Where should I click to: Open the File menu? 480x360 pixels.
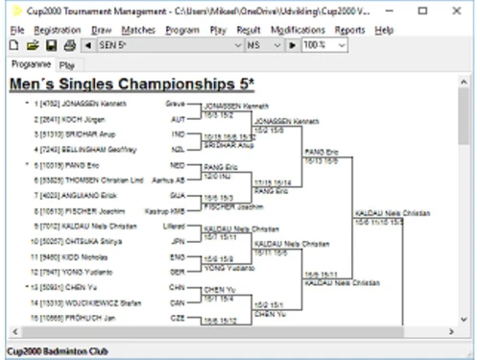pyautogui.click(x=15, y=31)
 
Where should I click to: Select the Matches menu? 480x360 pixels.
pyautogui.click(x=139, y=31)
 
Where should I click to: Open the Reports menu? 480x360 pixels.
pyautogui.click(x=350, y=31)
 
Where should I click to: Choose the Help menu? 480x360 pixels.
pyautogui.click(x=385, y=31)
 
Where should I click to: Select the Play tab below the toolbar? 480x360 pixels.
pyautogui.click(x=66, y=64)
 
